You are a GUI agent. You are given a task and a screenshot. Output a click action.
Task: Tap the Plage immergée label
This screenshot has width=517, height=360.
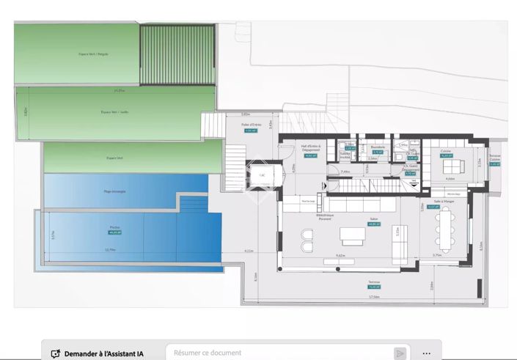coord(114,191)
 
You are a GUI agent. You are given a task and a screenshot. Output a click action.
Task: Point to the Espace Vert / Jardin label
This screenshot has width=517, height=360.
coord(114,112)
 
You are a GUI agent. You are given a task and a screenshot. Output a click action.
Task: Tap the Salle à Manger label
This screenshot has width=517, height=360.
coord(433,202)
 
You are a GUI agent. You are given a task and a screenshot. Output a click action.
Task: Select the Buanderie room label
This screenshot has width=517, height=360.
coord(378,147)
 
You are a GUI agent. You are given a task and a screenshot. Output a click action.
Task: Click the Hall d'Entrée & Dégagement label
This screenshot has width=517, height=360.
coord(311,147)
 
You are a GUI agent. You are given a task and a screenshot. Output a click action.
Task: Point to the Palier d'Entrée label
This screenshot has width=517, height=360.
coord(250,125)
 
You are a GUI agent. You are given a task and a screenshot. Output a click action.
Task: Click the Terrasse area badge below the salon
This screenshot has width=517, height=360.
coord(373,287)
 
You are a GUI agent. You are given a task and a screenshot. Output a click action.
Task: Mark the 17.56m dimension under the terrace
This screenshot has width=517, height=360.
coord(373,297)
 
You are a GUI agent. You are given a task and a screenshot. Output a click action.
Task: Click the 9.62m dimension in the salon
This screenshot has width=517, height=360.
coord(340,255)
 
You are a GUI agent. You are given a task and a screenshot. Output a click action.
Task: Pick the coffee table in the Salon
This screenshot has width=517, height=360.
coord(353,235)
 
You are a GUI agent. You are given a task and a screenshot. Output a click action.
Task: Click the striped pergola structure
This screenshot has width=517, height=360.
coord(177,54)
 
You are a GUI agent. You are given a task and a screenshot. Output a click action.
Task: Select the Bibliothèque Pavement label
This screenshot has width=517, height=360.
coord(324,217)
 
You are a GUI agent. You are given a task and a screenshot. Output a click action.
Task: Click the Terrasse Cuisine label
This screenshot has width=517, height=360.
coord(494,159)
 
